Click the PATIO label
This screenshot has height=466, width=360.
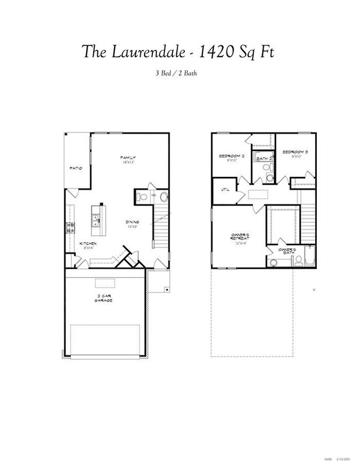coord(76,168)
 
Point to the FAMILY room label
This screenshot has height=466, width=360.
coord(128,158)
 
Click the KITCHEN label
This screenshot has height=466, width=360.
coord(88,244)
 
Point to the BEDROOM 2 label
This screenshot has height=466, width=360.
coord(232,156)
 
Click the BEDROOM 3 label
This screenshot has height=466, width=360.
coord(295,152)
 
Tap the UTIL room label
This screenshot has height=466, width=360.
coord(225,190)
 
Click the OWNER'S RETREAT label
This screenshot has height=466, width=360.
coord(240,237)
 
